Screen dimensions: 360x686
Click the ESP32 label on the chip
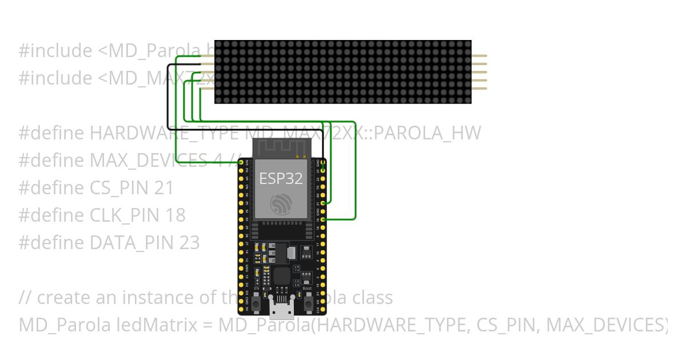point(281,178)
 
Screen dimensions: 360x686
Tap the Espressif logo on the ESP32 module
point(281,205)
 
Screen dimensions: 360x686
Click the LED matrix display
point(343,72)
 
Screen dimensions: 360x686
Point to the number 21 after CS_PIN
point(163,188)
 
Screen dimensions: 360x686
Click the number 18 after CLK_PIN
point(176,215)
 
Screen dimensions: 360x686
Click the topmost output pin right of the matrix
point(479,56)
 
